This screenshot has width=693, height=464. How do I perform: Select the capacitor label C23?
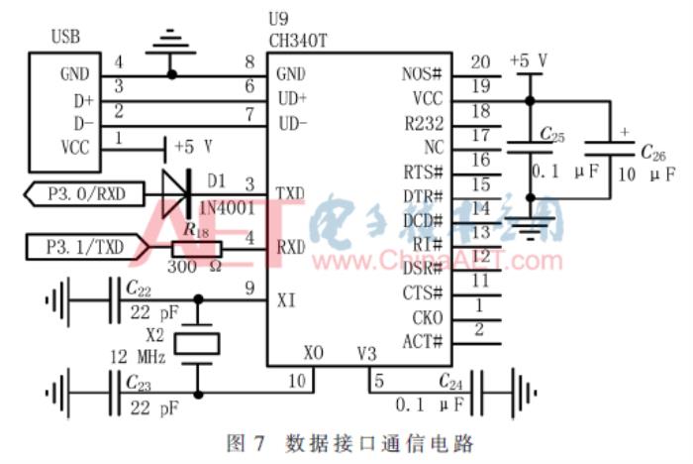[x=140, y=383]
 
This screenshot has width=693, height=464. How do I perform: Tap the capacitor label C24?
[x=451, y=381]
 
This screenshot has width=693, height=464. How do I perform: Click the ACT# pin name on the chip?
[x=424, y=342]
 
